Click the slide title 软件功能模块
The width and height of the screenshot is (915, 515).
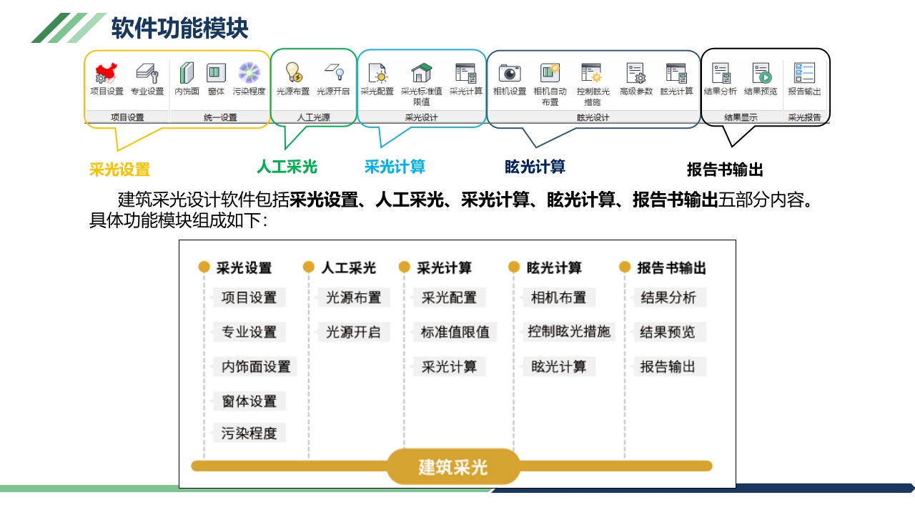pos(179,29)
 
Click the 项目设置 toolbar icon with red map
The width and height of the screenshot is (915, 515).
pos(106,73)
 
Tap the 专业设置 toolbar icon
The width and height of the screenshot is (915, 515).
pos(147,73)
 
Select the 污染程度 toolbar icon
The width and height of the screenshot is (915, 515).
pos(249,73)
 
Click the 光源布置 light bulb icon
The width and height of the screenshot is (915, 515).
pos(293,72)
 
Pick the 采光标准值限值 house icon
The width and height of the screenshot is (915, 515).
pos(421,73)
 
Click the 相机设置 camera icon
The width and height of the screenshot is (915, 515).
pos(509,73)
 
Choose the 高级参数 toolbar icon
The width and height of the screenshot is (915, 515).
pos(635,73)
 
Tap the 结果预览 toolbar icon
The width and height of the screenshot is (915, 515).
pos(761,73)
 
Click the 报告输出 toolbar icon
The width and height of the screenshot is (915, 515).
pos(804,73)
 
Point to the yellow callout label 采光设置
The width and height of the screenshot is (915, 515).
pos(119,170)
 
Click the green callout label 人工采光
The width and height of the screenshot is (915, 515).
pos(287,167)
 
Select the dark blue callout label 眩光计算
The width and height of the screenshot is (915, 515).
pos(535,167)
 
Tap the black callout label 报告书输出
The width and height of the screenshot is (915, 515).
pos(725,170)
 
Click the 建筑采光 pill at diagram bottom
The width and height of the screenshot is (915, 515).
pos(453,467)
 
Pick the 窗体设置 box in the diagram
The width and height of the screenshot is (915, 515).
pos(249,401)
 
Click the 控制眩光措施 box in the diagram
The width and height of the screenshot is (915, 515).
pos(569,332)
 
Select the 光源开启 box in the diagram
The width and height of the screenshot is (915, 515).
pos(353,332)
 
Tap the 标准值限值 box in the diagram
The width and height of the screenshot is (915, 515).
pos(455,332)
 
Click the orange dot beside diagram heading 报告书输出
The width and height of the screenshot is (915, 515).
pos(624,267)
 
